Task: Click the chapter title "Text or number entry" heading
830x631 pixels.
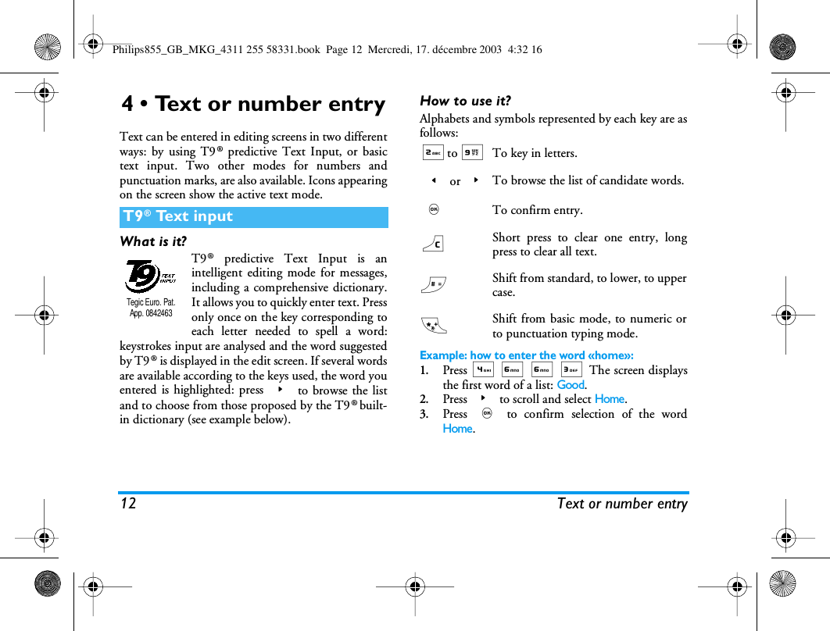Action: click(253, 104)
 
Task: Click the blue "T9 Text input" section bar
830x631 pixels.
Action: click(253, 217)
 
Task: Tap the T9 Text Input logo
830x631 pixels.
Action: click(152, 276)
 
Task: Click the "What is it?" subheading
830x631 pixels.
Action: click(153, 241)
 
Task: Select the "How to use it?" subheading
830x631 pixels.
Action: click(465, 101)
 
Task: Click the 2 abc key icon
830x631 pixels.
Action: click(432, 152)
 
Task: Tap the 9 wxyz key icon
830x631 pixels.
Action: click(471, 152)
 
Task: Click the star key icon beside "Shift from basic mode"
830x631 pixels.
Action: click(432, 325)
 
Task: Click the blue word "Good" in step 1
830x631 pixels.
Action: click(571, 384)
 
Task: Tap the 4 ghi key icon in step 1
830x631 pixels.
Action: click(484, 370)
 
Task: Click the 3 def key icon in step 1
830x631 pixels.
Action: click(571, 370)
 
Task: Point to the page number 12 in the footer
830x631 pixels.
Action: click(128, 504)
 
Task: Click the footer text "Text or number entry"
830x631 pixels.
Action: click(622, 504)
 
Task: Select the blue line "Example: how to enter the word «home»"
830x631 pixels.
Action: click(526, 355)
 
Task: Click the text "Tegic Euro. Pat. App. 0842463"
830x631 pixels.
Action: click(151, 307)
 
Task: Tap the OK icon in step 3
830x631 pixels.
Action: click(487, 413)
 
